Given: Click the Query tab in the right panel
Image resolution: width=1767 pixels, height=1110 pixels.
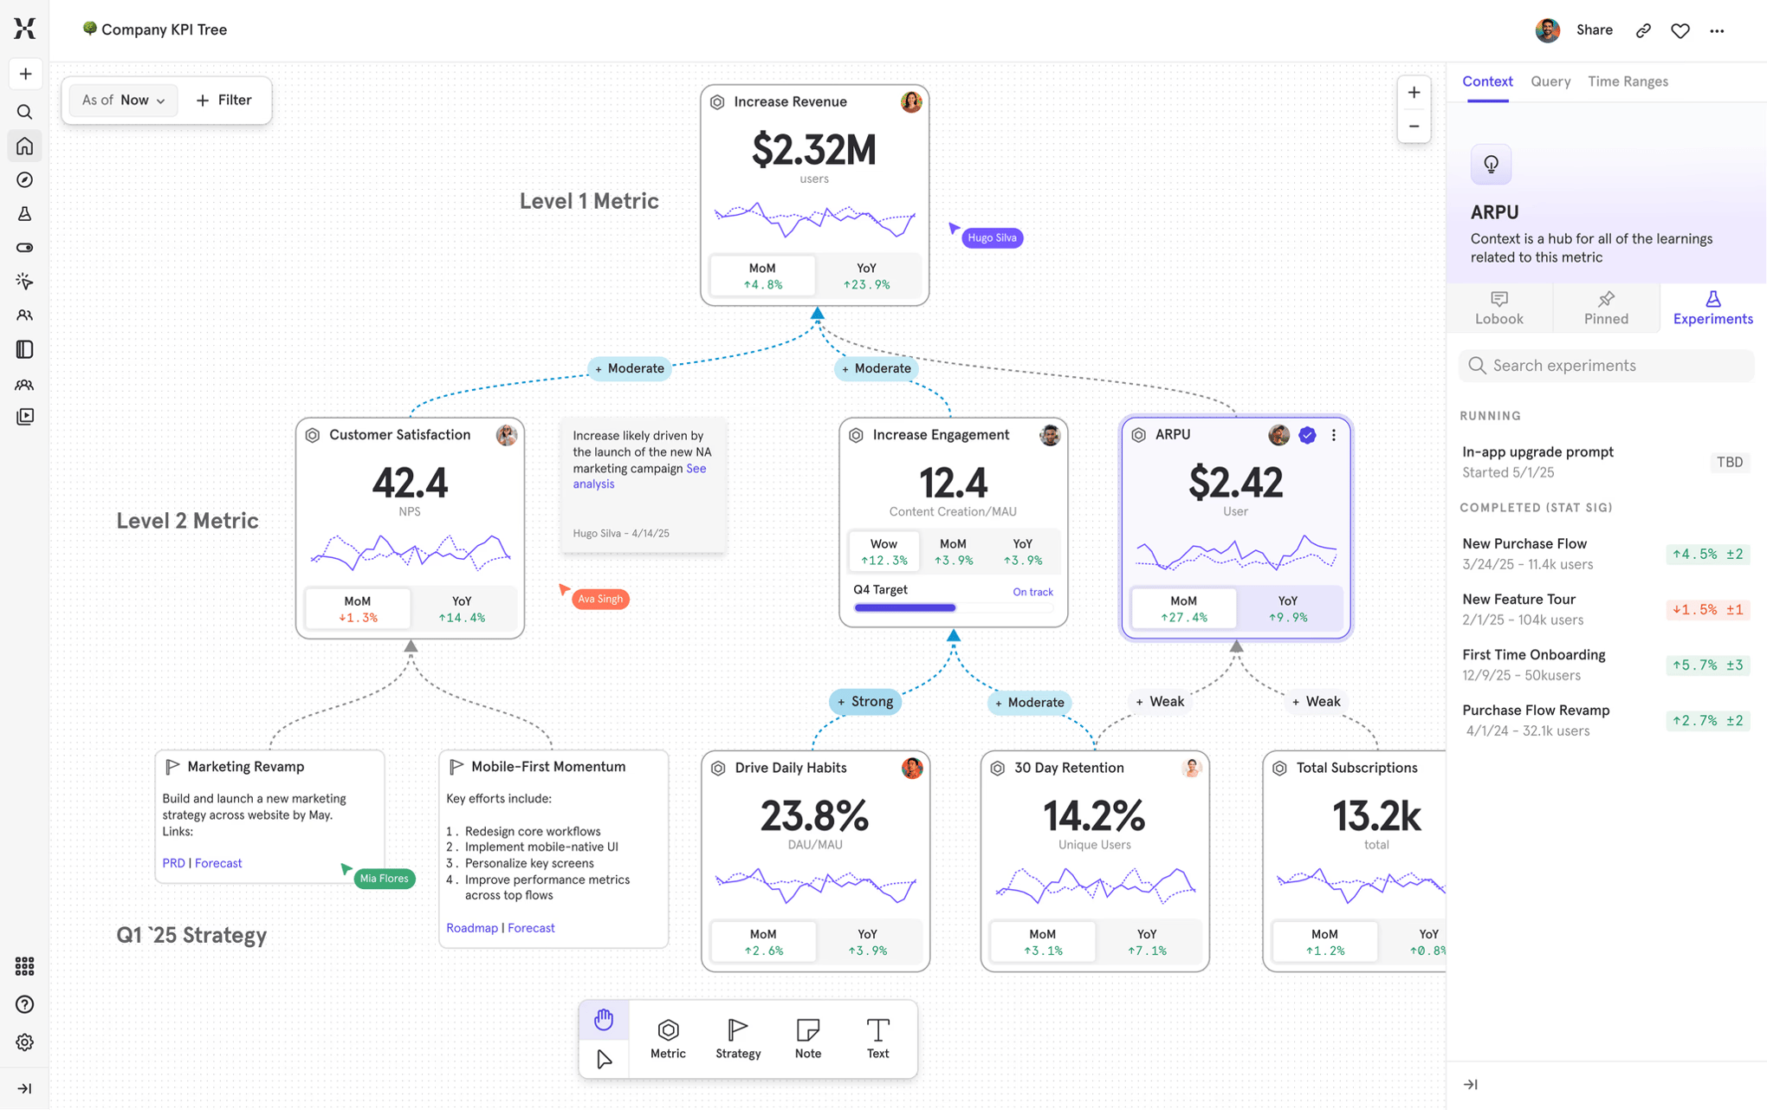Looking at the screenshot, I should click(1550, 81).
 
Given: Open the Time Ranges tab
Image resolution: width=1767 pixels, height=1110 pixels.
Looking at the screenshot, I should click(1628, 81).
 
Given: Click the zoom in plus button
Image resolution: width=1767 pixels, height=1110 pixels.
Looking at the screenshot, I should click(1414, 93).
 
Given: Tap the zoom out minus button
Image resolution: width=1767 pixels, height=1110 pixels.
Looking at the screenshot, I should click(1414, 127).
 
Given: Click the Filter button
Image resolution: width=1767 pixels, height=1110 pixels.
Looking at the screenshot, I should click(223, 101).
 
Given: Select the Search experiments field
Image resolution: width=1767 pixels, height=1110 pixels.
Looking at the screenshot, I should click(1607, 366).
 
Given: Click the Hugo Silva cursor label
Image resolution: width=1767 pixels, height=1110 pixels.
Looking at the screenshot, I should click(992, 238).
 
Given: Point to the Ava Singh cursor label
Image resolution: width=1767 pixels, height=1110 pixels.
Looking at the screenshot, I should click(600, 599).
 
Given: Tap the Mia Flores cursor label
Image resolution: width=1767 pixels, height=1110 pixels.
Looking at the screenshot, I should click(384, 879).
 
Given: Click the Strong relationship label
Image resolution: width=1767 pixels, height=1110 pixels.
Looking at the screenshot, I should click(865, 702).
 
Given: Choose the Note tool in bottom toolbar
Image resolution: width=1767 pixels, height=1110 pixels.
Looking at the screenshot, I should click(807, 1038).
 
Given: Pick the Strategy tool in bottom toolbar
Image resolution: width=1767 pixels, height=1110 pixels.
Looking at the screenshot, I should click(738, 1038).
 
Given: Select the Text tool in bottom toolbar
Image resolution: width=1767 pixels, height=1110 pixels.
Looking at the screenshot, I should click(877, 1038).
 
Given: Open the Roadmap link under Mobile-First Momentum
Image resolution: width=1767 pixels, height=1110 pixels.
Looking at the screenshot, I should click(472, 928).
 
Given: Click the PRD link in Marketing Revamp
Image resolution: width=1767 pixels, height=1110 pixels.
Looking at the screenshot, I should click(173, 864).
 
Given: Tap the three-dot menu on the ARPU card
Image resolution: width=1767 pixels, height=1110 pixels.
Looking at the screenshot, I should click(1334, 435).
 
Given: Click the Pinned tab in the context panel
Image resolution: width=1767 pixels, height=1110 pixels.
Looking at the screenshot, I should click(1606, 308).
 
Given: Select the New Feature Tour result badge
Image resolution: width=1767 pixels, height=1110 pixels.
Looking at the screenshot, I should click(1707, 610).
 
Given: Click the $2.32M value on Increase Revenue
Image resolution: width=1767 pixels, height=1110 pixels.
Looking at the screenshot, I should click(813, 151).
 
